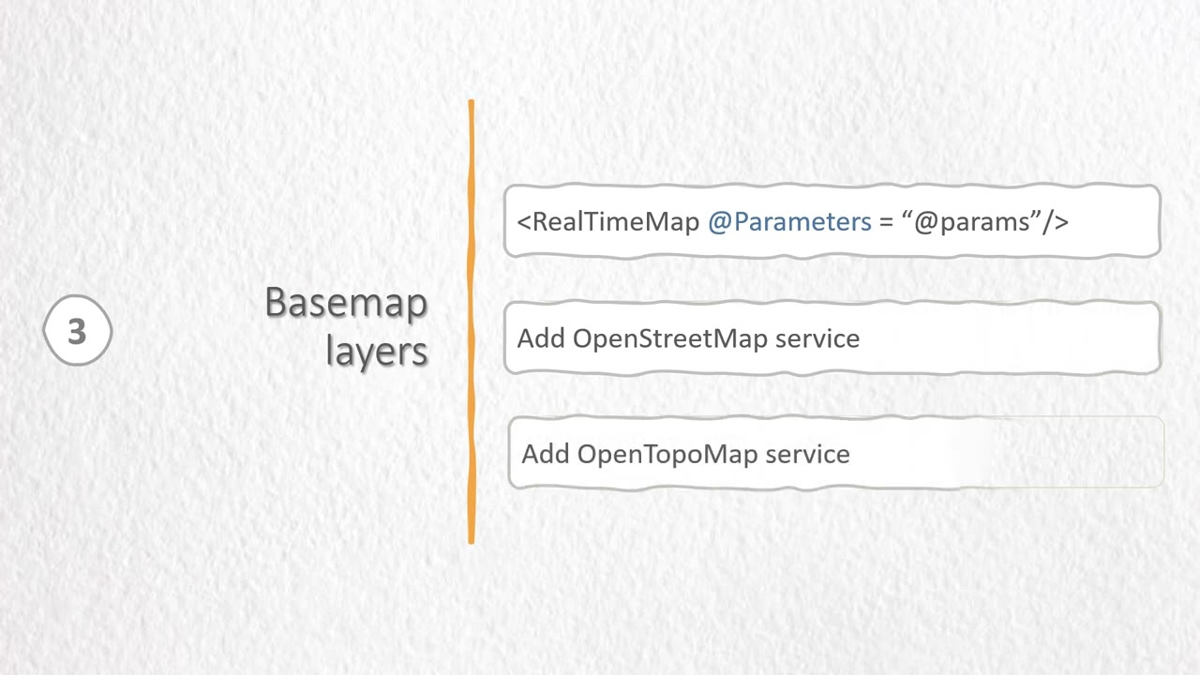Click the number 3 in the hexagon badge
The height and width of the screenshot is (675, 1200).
click(77, 331)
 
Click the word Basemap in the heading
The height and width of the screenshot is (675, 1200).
click(346, 303)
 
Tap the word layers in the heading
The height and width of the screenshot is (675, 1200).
click(377, 351)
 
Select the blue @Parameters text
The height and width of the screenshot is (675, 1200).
click(789, 222)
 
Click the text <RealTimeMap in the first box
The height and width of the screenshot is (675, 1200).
click(608, 222)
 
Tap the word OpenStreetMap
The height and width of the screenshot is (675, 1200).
click(670, 338)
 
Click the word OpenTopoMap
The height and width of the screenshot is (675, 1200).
click(667, 454)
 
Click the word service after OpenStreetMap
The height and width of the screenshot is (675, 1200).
click(817, 338)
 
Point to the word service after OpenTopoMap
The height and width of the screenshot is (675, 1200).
click(808, 454)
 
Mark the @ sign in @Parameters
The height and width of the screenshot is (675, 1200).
click(719, 222)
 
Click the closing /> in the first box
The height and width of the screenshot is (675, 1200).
click(1057, 222)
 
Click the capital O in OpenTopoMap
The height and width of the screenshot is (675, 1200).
click(588, 454)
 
